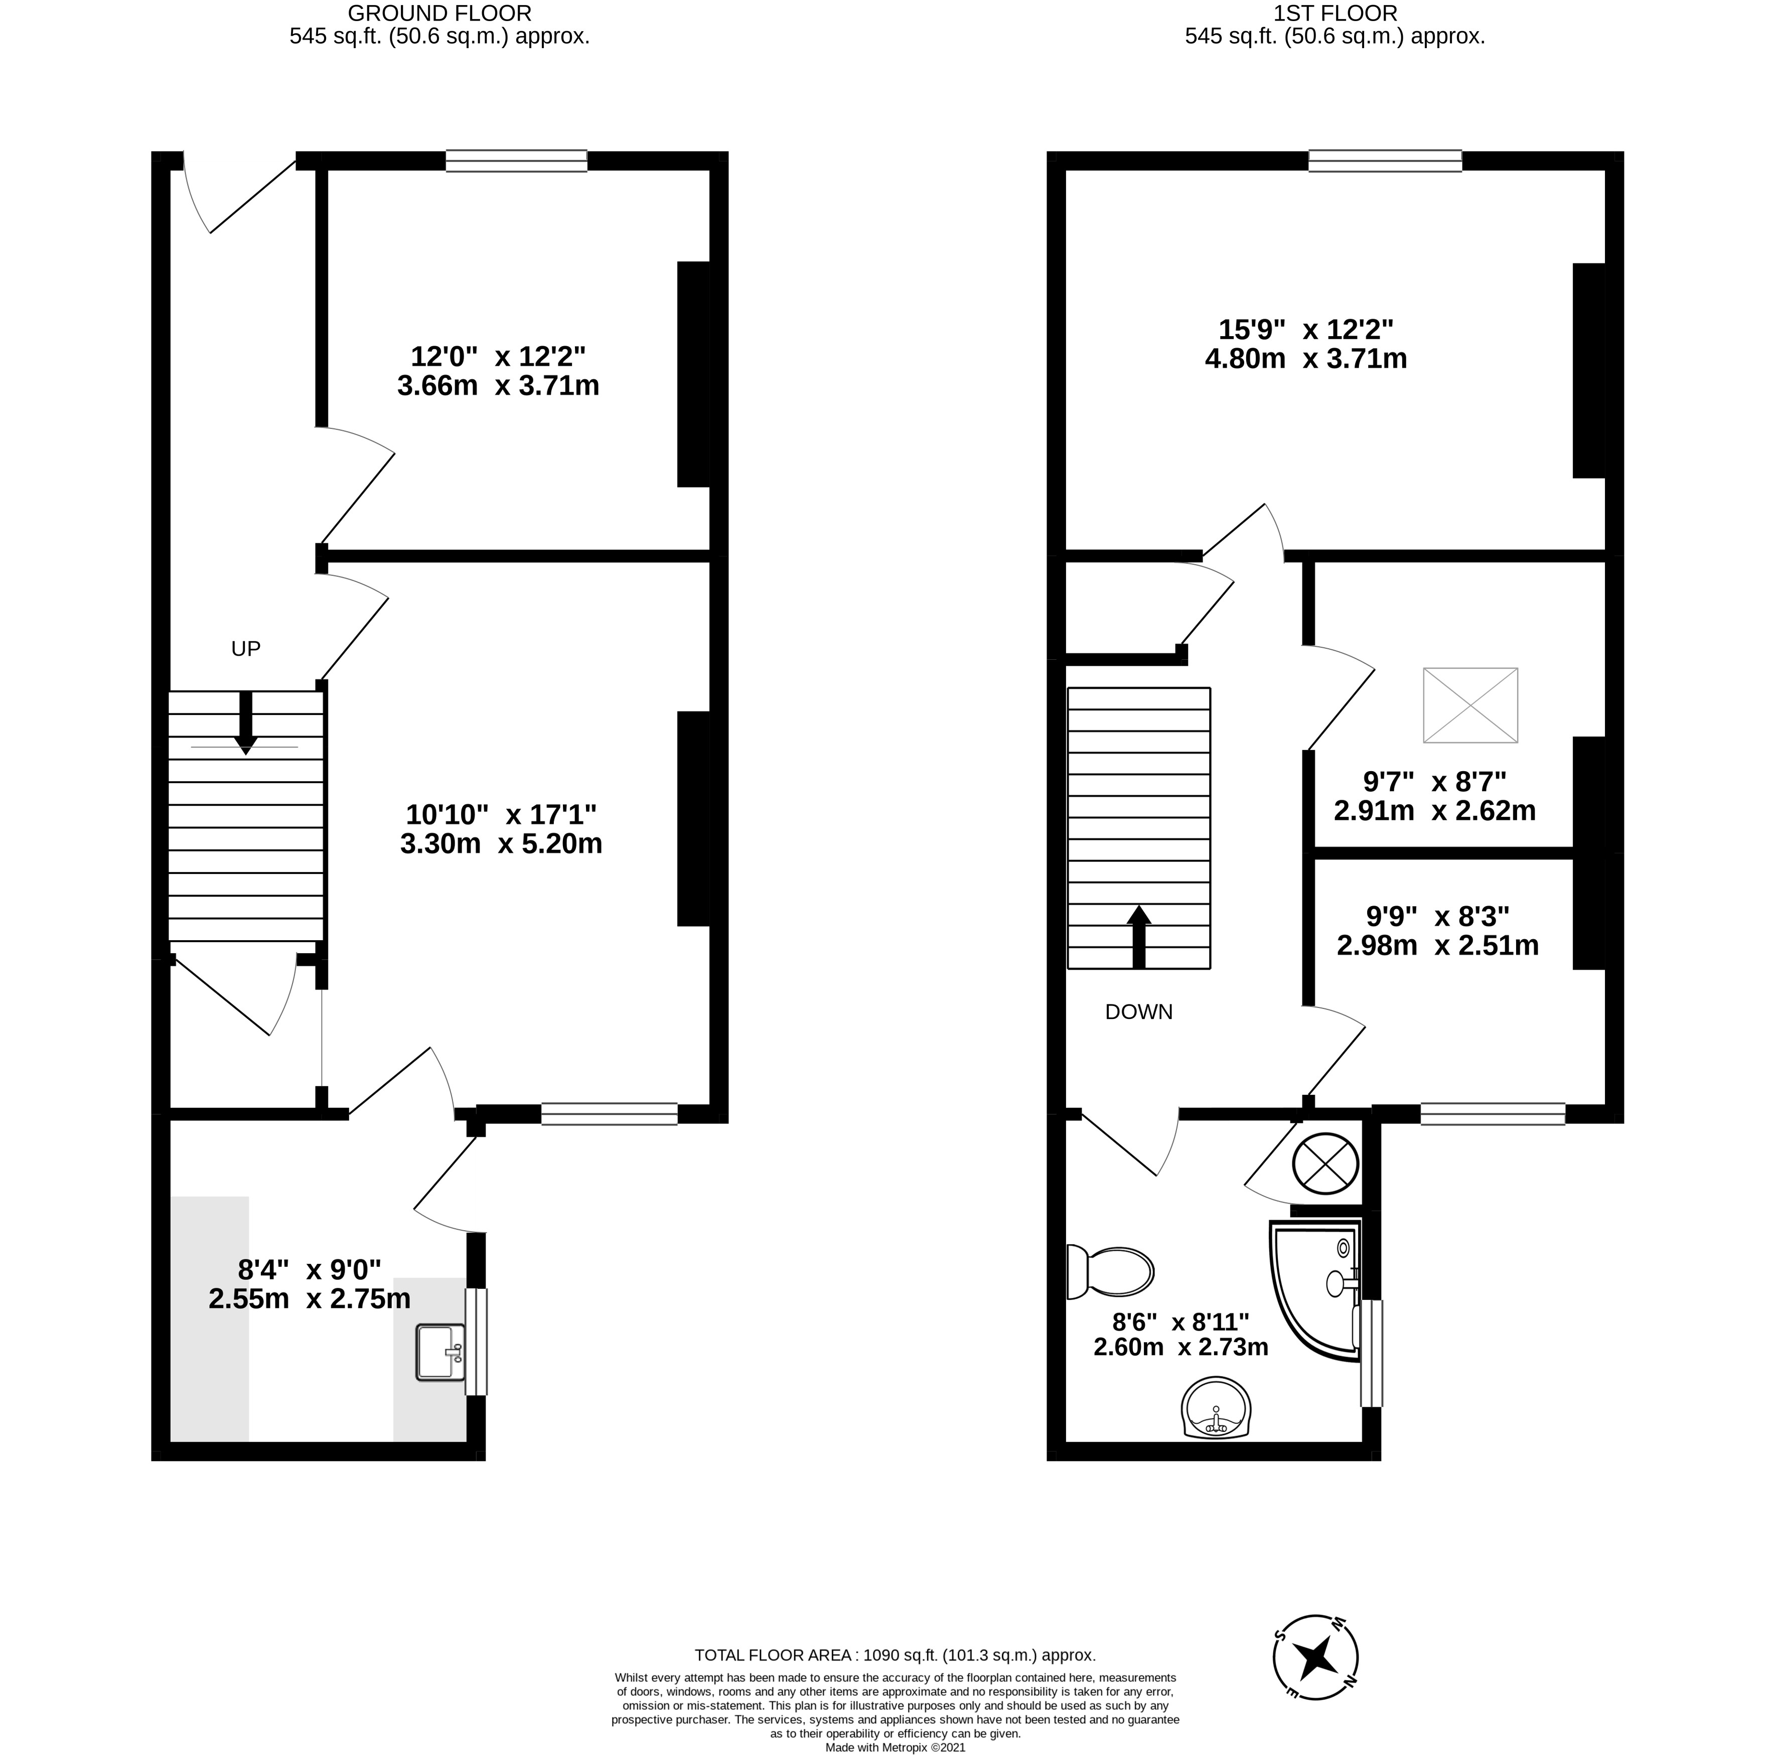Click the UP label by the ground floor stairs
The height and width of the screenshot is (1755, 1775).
click(x=246, y=650)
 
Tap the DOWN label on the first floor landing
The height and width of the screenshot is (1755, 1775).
click(x=1139, y=1012)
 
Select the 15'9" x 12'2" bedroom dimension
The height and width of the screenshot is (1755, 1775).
click(x=1306, y=329)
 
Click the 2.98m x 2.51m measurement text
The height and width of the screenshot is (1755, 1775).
click(x=1438, y=946)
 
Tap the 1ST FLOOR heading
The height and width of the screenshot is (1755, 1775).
click(x=1335, y=13)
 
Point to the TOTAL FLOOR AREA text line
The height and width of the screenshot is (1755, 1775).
click(x=895, y=1656)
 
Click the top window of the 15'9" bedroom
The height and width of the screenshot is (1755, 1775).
click(x=1386, y=161)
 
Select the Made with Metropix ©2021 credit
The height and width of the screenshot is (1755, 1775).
click(x=896, y=1747)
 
